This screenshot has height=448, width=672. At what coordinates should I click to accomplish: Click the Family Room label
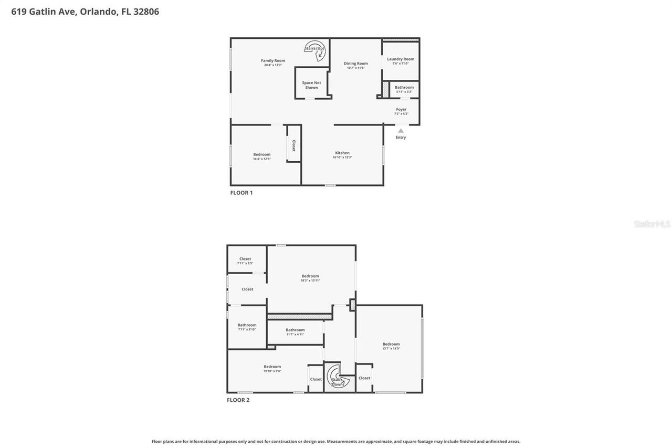pyautogui.click(x=272, y=61)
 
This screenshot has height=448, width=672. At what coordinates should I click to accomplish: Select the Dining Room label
pyautogui.click(x=355, y=64)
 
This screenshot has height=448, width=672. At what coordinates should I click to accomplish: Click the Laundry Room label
pyautogui.click(x=401, y=59)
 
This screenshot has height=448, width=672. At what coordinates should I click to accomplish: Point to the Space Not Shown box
pyautogui.click(x=311, y=85)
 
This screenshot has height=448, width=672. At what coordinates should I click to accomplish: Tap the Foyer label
pyautogui.click(x=401, y=110)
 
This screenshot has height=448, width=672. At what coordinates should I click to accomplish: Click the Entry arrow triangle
pyautogui.click(x=401, y=131)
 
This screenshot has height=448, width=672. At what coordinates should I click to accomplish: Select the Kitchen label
pyautogui.click(x=342, y=153)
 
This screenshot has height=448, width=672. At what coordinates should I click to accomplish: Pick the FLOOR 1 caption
pyautogui.click(x=241, y=193)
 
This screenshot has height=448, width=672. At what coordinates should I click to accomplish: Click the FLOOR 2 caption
pyautogui.click(x=238, y=400)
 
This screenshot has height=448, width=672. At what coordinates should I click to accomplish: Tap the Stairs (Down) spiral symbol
pyautogui.click(x=337, y=377)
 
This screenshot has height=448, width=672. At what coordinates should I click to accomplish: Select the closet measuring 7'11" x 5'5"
pyautogui.click(x=245, y=259)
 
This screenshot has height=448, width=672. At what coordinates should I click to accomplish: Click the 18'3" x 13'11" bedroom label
pyautogui.click(x=310, y=277)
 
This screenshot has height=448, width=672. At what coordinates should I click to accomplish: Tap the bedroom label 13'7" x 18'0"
pyautogui.click(x=391, y=345)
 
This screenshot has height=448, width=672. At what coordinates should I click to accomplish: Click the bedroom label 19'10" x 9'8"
pyautogui.click(x=272, y=367)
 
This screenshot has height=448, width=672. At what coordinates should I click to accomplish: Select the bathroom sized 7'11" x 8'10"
pyautogui.click(x=247, y=326)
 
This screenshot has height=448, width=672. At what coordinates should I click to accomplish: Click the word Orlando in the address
pyautogui.click(x=99, y=12)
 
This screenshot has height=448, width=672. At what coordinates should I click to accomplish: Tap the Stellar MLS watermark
pyautogui.click(x=653, y=224)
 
